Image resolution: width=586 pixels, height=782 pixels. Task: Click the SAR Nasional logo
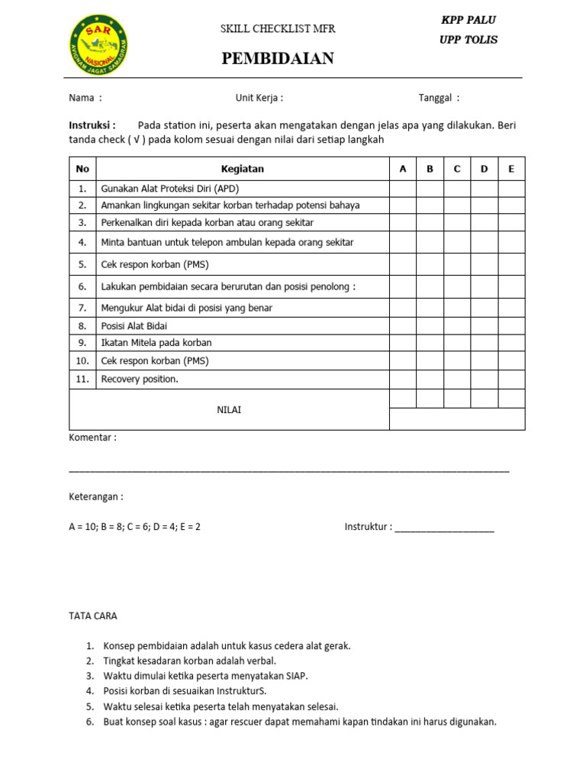tap(98, 45)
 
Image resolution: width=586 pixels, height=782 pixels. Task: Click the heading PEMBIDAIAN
tap(278, 59)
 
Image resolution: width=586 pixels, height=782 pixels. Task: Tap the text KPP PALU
tap(468, 20)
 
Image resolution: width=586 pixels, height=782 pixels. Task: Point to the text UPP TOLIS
tap(468, 40)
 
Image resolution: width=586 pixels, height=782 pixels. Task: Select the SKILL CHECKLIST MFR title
tap(278, 29)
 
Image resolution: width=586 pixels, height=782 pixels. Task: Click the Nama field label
tap(85, 98)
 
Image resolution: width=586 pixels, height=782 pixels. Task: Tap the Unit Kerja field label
tap(259, 98)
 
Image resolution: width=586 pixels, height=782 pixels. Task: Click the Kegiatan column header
tap(243, 169)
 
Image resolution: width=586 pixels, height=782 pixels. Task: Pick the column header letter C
tap(457, 169)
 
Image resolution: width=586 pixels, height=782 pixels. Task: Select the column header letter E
tap(511, 169)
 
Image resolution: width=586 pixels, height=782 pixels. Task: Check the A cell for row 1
tap(403, 189)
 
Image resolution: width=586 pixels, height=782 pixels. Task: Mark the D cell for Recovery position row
tap(485, 379)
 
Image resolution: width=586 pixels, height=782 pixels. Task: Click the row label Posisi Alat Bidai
tap(134, 326)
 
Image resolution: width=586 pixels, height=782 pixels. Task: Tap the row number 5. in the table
tap(82, 265)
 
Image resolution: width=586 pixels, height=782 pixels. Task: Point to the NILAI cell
tap(229, 410)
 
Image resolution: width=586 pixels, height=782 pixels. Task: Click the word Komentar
tap(92, 438)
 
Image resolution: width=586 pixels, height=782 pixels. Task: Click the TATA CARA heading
tap(93, 616)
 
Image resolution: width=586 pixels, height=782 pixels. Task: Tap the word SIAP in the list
tap(296, 676)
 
